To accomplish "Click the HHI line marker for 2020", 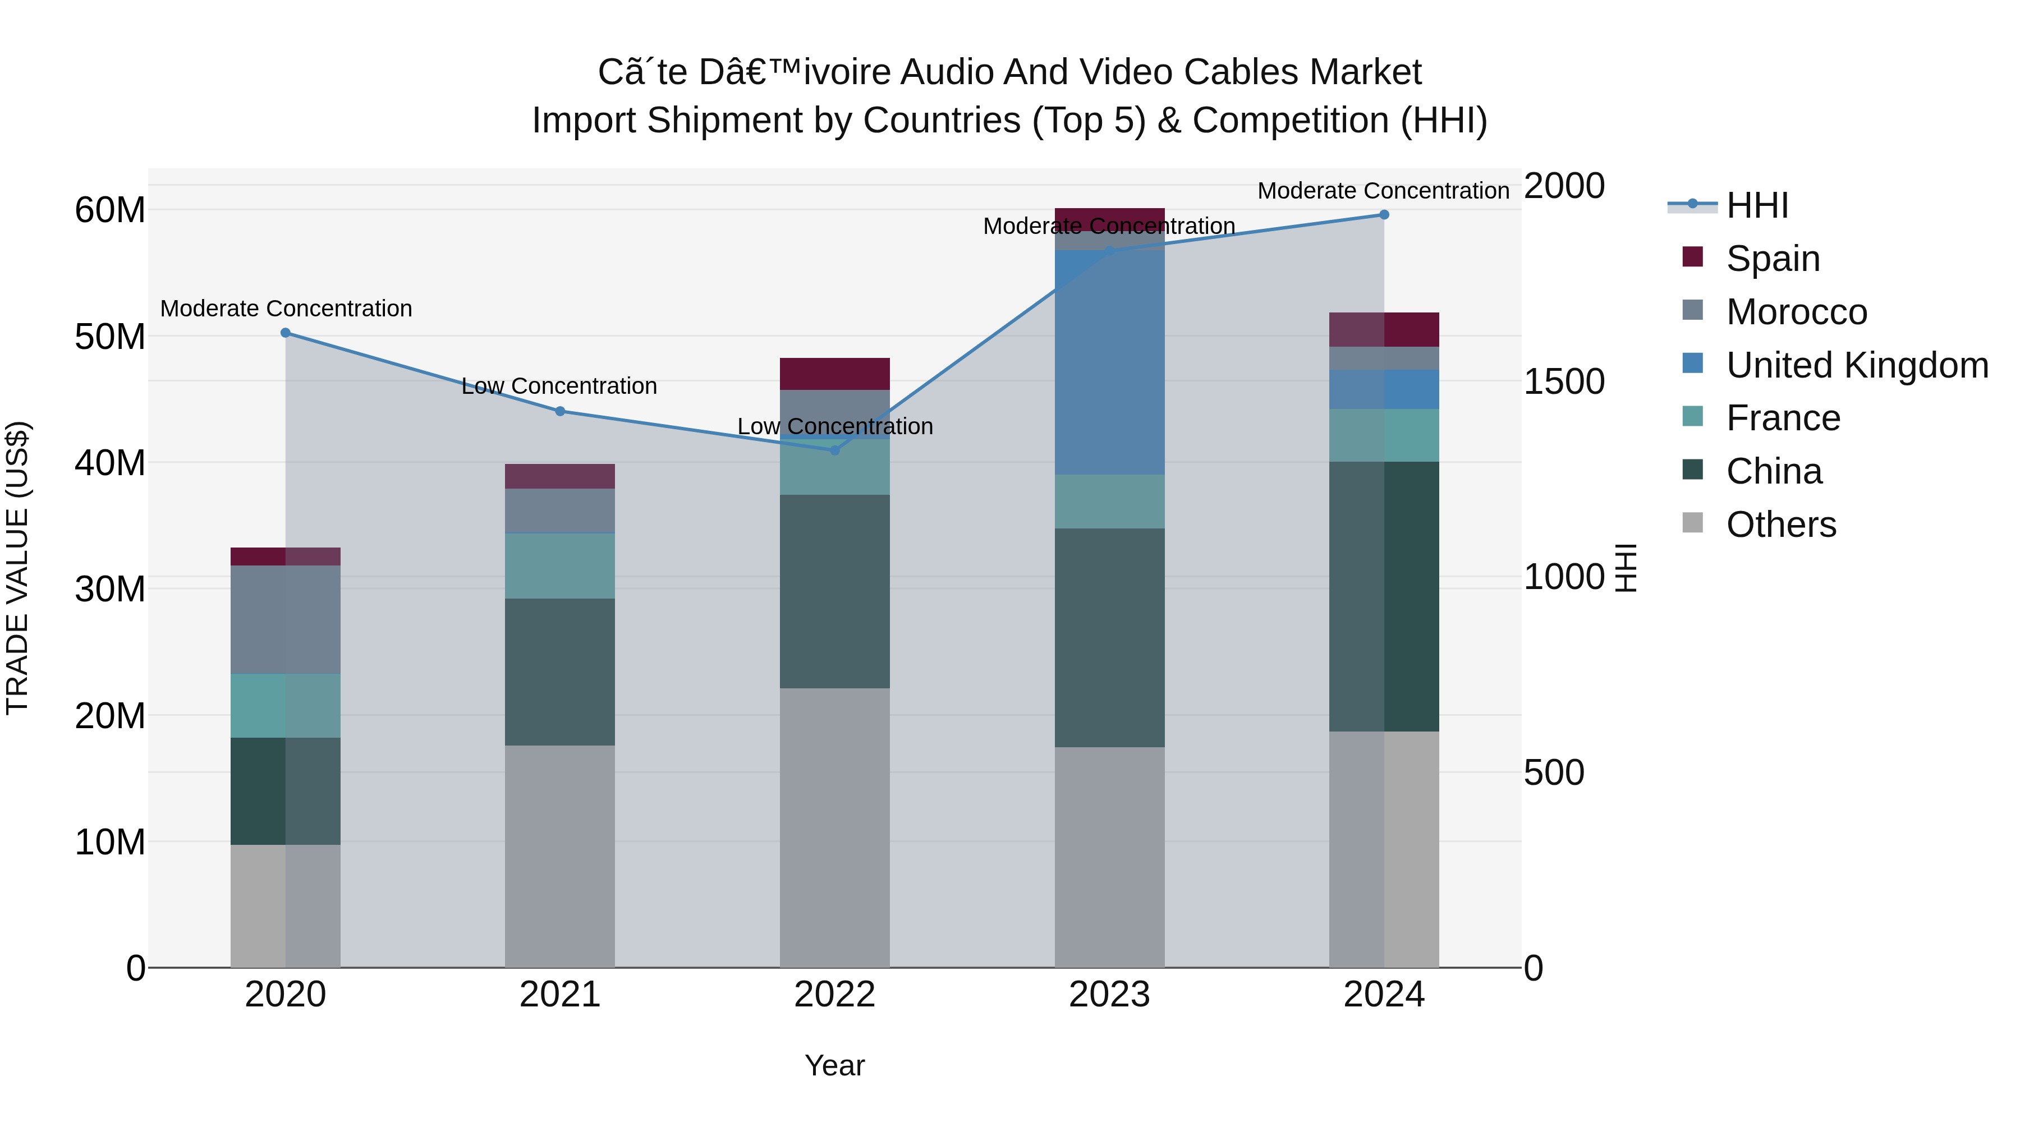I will tap(286, 333).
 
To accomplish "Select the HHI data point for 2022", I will tap(834, 450).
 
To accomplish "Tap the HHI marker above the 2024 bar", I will tap(1384, 215).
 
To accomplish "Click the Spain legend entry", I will tap(1772, 259).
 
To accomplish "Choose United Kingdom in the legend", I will tap(1856, 365).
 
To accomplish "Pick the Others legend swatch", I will tap(1692, 523).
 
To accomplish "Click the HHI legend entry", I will tap(1756, 205).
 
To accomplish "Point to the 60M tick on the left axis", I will tap(110, 210).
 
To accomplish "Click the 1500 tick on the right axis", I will tap(1564, 382).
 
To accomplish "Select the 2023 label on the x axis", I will tap(1109, 995).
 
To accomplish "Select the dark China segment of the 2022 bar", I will tap(834, 591).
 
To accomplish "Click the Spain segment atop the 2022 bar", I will tap(834, 374).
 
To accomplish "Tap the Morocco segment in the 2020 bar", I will tap(286, 619).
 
